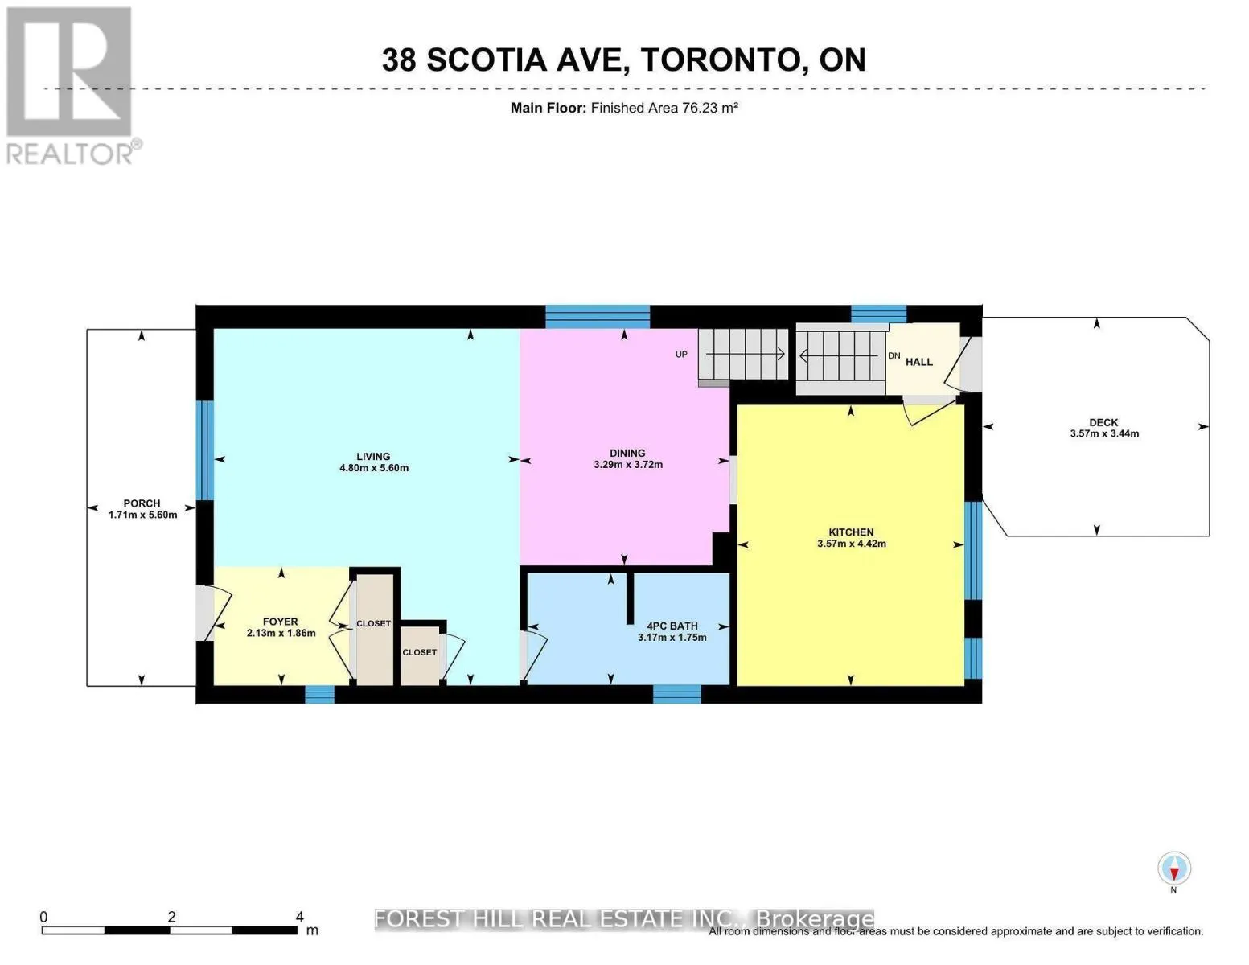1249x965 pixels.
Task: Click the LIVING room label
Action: (x=373, y=456)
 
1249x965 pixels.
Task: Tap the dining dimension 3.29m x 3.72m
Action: (x=627, y=465)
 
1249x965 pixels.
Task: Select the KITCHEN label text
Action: (x=851, y=532)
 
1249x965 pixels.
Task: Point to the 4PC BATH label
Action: (x=672, y=626)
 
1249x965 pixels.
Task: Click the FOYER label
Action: (x=280, y=622)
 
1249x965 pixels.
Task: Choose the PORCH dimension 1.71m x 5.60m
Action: (x=142, y=515)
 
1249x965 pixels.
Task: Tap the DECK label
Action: (x=1103, y=422)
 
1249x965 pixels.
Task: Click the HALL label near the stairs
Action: (x=918, y=362)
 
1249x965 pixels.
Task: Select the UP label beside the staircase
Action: (x=681, y=355)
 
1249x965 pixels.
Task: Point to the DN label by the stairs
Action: (x=894, y=355)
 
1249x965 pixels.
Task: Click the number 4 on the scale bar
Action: (x=299, y=917)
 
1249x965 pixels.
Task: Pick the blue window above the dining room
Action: (x=597, y=316)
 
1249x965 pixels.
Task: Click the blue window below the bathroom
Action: (x=676, y=693)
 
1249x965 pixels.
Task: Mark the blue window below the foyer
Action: (x=319, y=694)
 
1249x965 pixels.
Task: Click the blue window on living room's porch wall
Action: (x=205, y=450)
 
